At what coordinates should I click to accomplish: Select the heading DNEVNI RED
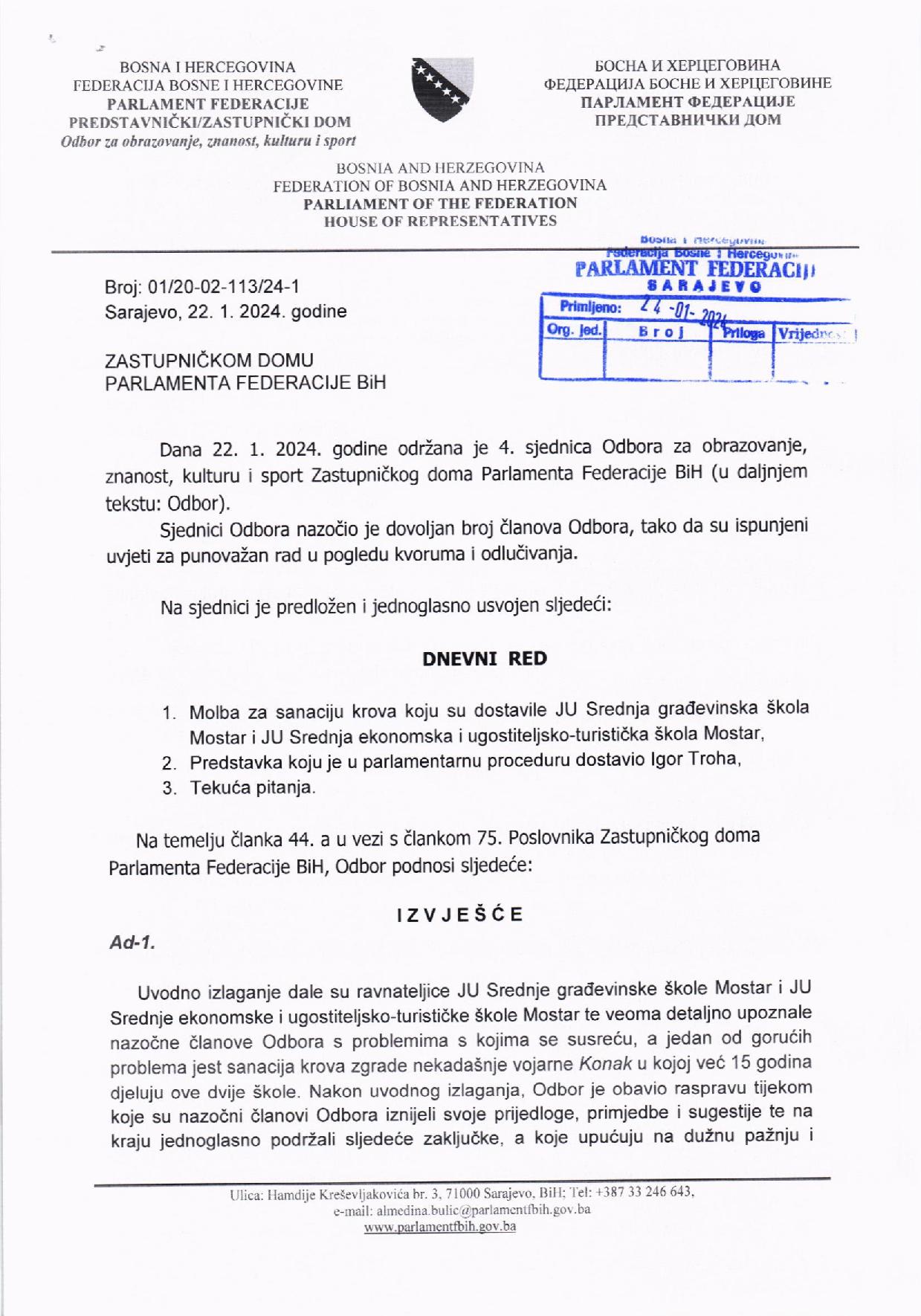484,659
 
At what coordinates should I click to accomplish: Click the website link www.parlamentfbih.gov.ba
439,1227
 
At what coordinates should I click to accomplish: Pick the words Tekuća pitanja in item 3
252,787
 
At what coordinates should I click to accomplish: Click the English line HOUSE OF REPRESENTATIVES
440,221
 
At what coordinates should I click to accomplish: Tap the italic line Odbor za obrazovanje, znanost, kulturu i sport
209,140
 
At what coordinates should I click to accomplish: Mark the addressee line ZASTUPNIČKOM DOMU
210,361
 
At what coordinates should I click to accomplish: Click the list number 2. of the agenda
169,761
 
